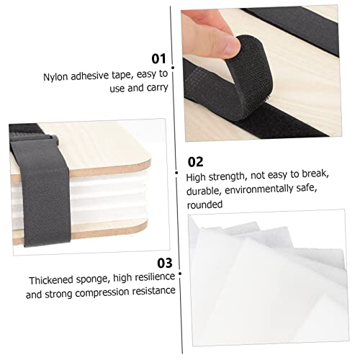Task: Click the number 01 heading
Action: (159, 58)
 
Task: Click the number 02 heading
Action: (195, 162)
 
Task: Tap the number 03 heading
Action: (165, 263)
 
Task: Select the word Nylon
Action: (55, 77)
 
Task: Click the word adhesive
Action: (90, 76)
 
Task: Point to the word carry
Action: (157, 88)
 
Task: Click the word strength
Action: (227, 177)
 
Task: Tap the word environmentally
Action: (259, 189)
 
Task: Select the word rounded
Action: (204, 204)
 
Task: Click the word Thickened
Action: (51, 280)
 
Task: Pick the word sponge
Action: (92, 279)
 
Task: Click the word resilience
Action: (155, 276)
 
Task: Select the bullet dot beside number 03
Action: (180, 274)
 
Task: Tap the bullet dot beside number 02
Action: (176, 173)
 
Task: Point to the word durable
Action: (204, 192)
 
